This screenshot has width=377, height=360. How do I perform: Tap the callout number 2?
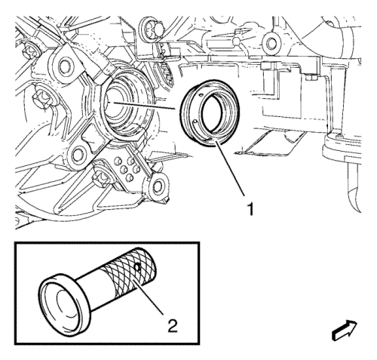pyautogui.click(x=173, y=325)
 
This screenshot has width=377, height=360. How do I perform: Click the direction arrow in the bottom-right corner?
pyautogui.click(x=345, y=331)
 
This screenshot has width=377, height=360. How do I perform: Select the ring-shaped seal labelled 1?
pyautogui.click(x=210, y=113)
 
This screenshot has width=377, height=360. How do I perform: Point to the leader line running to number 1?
pyautogui.click(x=230, y=168)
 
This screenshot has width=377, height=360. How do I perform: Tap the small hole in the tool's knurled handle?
pyautogui.click(x=137, y=267)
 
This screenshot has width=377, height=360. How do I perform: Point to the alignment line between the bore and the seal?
pyautogui.click(x=143, y=106)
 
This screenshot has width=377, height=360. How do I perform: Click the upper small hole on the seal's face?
pyautogui.click(x=200, y=95)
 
